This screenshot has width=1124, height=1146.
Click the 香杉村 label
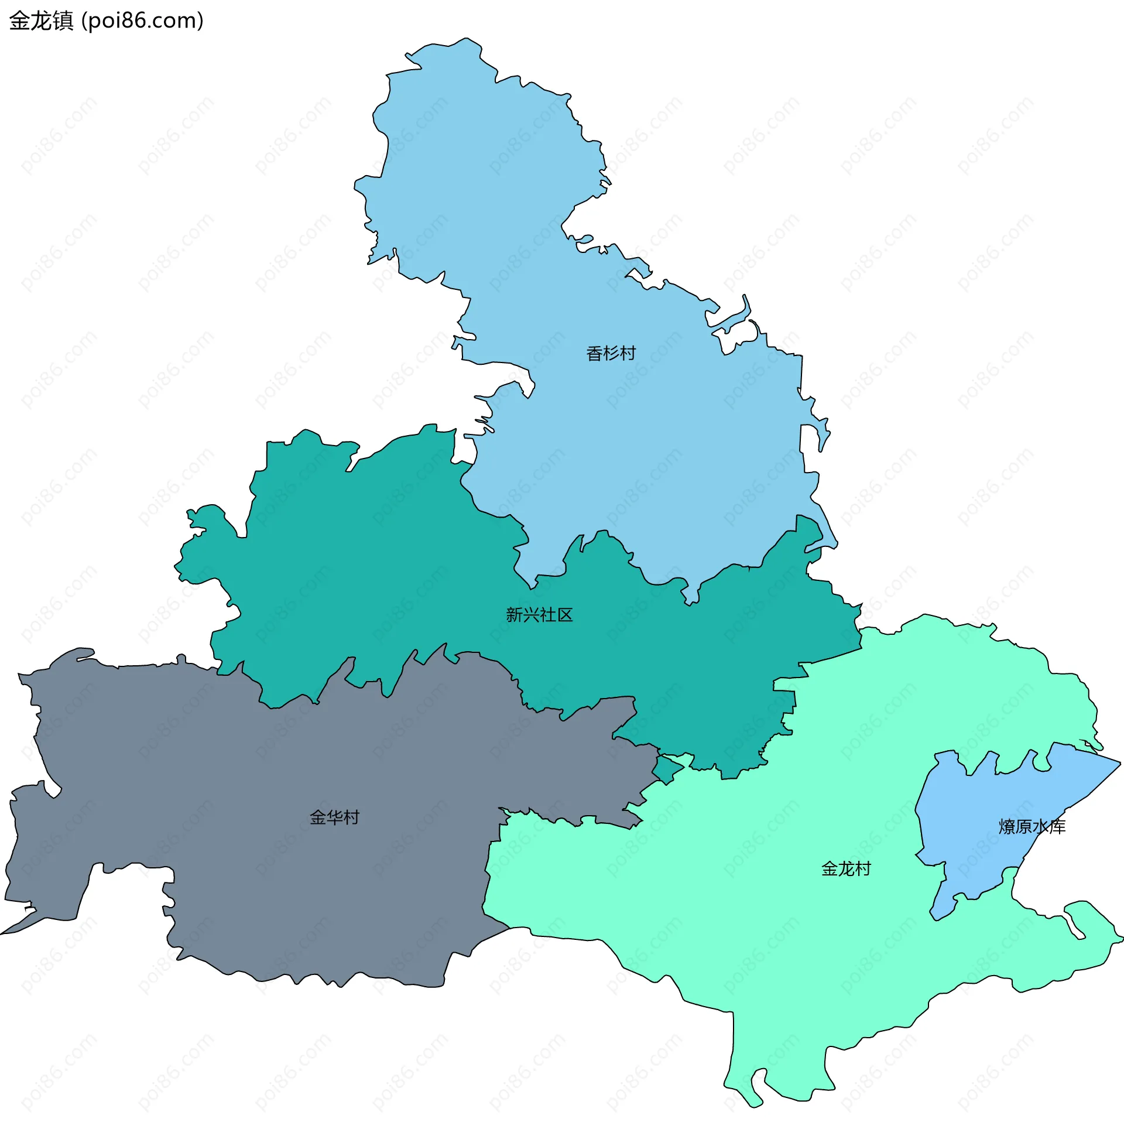611,353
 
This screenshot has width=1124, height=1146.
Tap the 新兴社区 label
539,615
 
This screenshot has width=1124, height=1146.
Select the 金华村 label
334,817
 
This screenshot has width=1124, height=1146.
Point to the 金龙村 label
845,868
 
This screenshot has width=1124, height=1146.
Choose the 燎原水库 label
1032,827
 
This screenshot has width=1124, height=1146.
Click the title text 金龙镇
42,20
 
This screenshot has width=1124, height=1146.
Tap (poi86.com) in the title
142,20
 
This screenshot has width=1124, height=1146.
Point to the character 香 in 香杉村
594,353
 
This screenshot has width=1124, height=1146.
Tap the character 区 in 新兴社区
564,615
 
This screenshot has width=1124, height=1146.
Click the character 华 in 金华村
334,817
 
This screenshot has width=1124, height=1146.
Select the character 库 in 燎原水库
1057,827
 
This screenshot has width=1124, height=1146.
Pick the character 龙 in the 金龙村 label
845,868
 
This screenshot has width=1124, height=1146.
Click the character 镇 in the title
63,20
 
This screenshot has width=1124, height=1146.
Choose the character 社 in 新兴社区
547,615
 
